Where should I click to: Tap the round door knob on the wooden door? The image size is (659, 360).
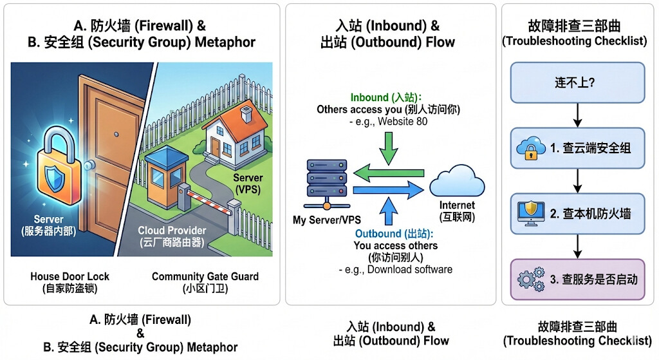coord(89,165)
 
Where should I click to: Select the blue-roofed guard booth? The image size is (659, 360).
coord(166,176)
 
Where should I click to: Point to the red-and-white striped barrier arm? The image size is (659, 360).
coord(209,200)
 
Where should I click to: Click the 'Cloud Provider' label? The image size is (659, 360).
coord(172,231)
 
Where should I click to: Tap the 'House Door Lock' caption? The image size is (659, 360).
coord(70,276)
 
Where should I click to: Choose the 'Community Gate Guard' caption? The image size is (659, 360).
coord(205,276)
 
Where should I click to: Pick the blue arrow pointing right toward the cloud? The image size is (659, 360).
coord(389,191)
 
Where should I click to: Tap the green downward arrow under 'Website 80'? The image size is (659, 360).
coord(389,148)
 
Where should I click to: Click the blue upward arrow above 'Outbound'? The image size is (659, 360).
coord(389,211)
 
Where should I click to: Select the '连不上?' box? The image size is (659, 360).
coord(577,82)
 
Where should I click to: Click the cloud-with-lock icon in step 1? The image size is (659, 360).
coord(531,147)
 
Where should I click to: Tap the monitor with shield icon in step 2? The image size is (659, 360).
coord(531,213)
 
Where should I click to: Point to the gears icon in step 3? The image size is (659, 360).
coord(531,279)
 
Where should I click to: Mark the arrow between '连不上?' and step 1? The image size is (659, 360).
coord(577,115)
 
